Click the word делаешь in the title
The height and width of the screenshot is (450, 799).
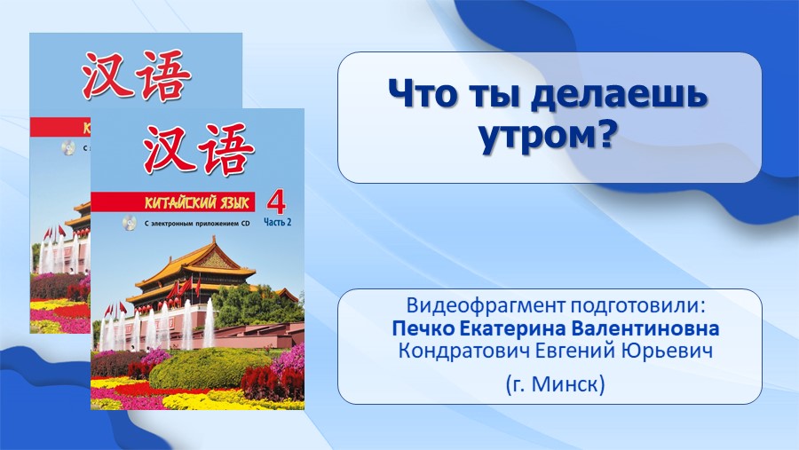coord(619,94)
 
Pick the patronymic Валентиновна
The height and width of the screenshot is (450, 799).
coord(645,328)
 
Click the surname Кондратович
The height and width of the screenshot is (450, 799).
coord(463,351)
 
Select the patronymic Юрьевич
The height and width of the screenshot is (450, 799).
coord(665,351)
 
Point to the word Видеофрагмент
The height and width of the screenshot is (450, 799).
coord(486,306)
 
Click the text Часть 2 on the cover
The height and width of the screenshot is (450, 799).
coord(277,222)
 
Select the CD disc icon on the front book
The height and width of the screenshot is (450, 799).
coord(129,223)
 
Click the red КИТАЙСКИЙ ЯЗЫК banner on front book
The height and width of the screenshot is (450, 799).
coord(173,202)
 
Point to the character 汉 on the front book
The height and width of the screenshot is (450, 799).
coord(167,149)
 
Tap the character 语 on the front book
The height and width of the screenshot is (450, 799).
coord(225,149)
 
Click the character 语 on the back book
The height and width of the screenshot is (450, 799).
coord(162,75)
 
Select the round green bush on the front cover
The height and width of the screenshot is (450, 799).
coord(209,368)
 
